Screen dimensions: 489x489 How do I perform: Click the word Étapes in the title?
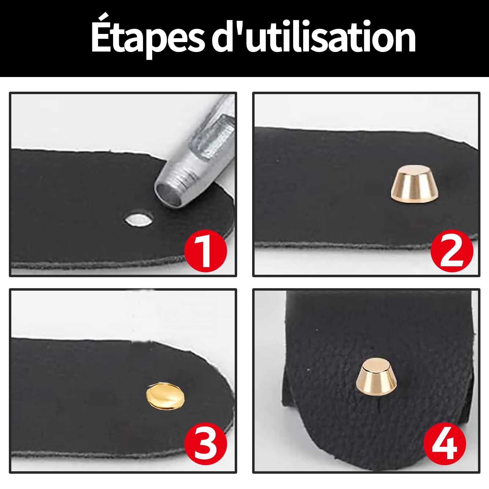tap(147, 38)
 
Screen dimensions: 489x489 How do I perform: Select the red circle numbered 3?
tap(206, 443)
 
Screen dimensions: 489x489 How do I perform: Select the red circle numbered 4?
tap(445, 443)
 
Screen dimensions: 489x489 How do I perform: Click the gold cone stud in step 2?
tap(414, 185)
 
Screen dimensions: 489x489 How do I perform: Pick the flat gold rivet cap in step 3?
tap(164, 395)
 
